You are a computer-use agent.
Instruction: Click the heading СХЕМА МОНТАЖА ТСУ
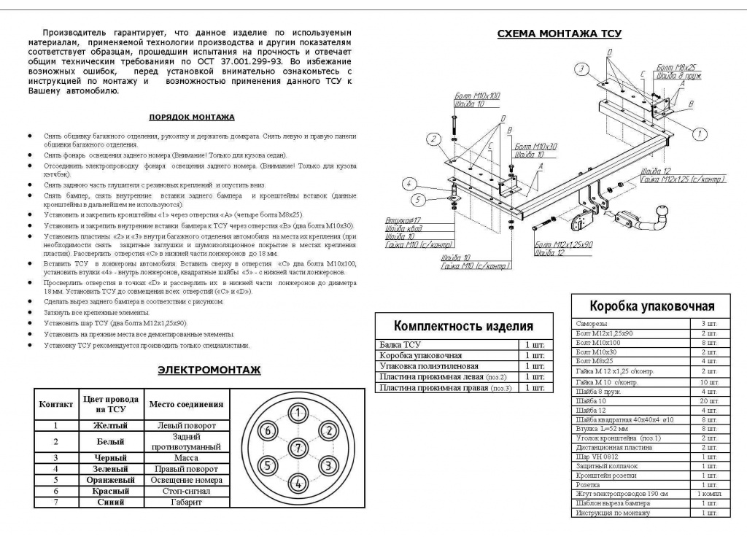[x=560, y=34]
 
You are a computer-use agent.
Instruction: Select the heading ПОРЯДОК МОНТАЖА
[x=192, y=117]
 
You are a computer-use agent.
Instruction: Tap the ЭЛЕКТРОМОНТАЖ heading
[x=209, y=371]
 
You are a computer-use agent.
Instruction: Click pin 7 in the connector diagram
[x=298, y=448]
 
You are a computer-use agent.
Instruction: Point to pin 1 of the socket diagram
[x=298, y=414]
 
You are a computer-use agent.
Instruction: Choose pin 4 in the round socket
[x=298, y=482]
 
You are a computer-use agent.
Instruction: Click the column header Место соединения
[x=186, y=404]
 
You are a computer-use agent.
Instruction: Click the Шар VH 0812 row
[x=592, y=457]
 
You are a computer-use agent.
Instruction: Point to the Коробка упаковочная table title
[x=651, y=306]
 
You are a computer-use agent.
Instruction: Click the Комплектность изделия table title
[x=463, y=326]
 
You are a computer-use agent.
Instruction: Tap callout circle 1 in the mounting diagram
[x=698, y=133]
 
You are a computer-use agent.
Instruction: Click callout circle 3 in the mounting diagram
[x=581, y=70]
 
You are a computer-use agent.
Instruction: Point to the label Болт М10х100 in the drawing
[x=477, y=96]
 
